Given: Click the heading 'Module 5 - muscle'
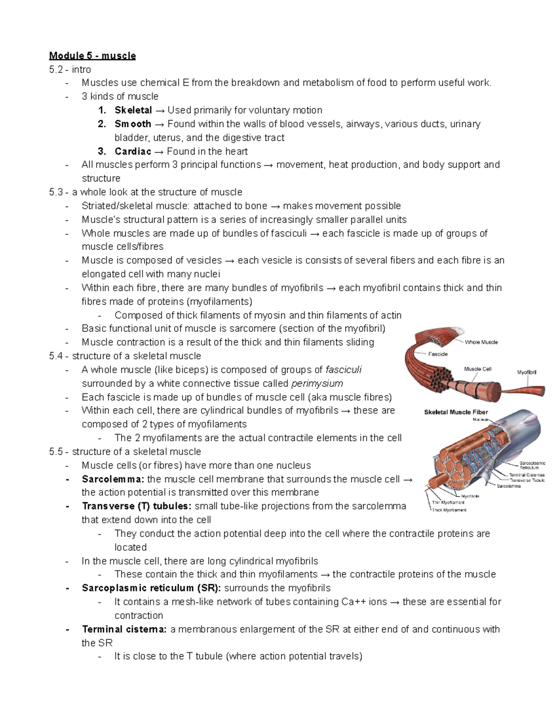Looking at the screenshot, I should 92,56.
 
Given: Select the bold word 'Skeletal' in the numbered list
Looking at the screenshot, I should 133,110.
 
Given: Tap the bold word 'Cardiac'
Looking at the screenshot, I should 133,151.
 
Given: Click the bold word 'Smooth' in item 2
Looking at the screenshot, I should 133,124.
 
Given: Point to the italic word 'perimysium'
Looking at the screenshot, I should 317,383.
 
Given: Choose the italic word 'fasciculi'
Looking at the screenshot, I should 343,370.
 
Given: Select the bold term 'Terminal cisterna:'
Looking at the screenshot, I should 124,629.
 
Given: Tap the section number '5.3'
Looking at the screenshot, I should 56,192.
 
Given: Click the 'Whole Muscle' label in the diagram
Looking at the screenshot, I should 481,342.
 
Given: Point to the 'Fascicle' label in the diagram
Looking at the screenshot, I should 438,354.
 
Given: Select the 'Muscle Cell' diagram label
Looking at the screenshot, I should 478,369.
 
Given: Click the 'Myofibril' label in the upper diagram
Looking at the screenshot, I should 527,372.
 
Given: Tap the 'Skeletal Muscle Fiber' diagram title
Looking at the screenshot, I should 456,412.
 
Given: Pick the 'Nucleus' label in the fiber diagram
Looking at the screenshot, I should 481,419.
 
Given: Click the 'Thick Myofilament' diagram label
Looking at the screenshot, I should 449,510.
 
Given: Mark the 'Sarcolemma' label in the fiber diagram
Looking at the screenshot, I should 509,486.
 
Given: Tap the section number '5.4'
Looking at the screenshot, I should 56,356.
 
